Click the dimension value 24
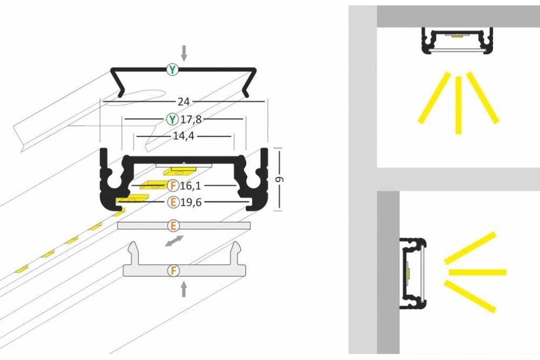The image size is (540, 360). click(x=184, y=101)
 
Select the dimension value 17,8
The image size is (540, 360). click(x=191, y=119)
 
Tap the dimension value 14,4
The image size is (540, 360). click(x=184, y=137)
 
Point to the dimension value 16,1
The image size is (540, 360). click(x=191, y=186)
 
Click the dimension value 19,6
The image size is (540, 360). click(x=191, y=202)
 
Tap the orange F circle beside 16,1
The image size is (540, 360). click(x=173, y=186)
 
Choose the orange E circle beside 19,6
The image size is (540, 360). click(x=173, y=202)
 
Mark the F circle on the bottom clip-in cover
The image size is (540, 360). click(x=173, y=270)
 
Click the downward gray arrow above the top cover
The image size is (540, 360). click(x=184, y=53)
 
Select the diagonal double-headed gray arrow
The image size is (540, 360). click(x=174, y=241)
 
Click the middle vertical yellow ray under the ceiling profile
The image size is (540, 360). click(x=458, y=105)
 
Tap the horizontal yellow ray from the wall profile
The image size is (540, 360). click(x=478, y=272)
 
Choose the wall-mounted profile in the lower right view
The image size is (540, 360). click(x=413, y=274)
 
